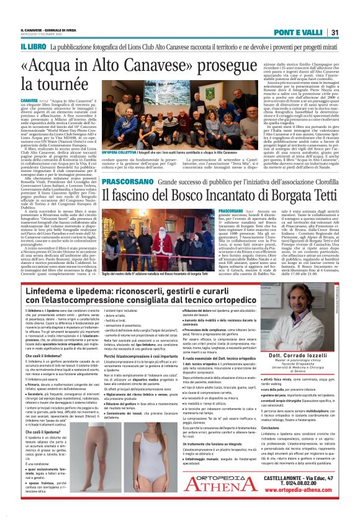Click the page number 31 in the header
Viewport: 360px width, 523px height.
pos(333,32)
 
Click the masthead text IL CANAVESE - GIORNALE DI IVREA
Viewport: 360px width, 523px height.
pos(50,30)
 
